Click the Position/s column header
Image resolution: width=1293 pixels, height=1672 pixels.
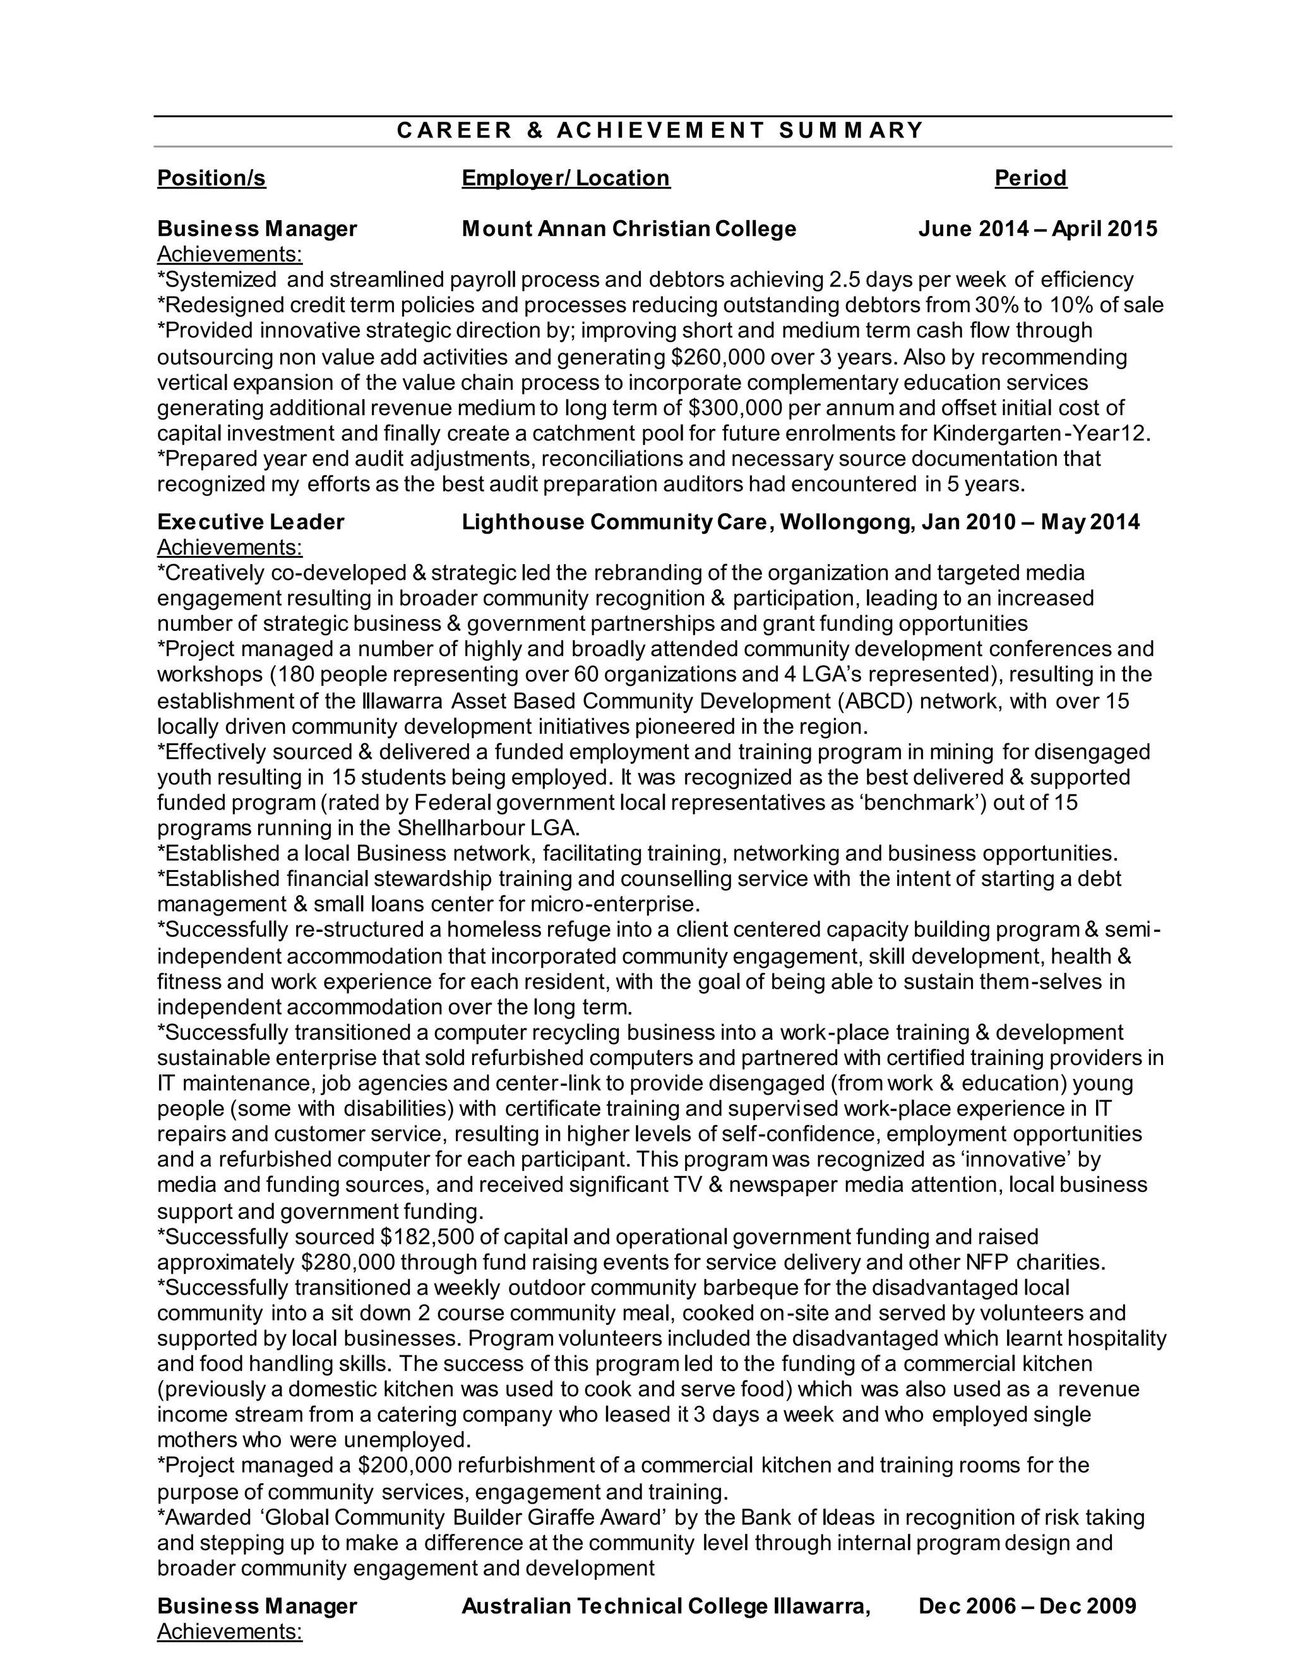click(x=212, y=179)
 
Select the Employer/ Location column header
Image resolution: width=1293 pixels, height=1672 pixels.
click(x=565, y=179)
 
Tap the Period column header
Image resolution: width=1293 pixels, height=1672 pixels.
click(x=1030, y=179)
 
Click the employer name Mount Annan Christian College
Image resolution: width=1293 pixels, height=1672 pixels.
click(x=629, y=229)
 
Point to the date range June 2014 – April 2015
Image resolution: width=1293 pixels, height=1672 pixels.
click(x=1038, y=229)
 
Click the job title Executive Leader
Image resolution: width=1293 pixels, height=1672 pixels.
click(x=251, y=522)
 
